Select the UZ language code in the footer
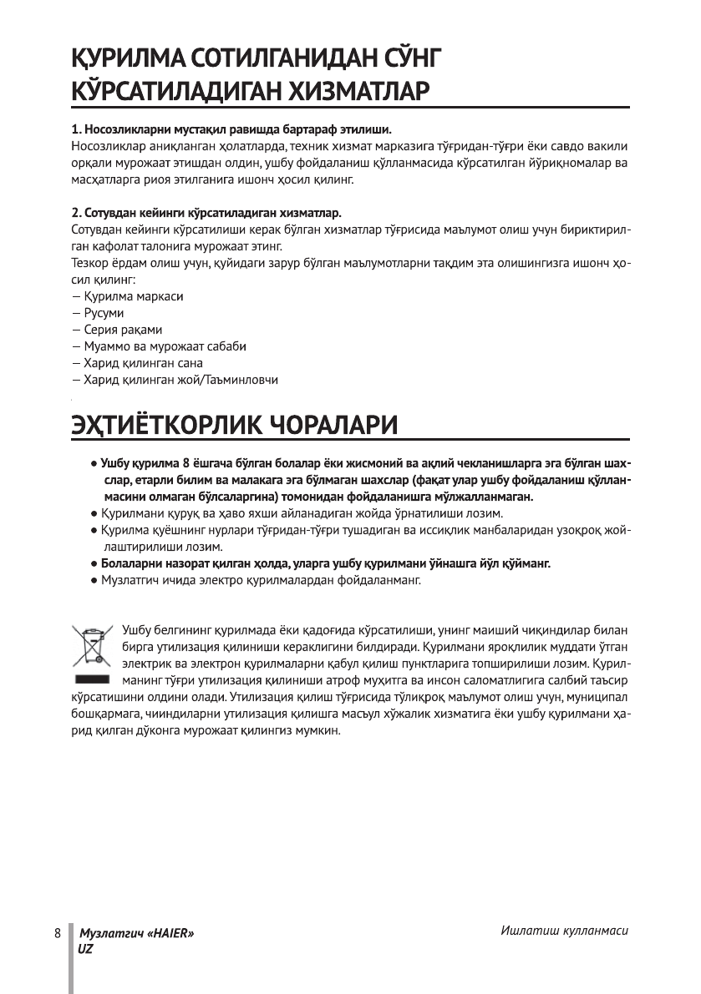point(85,949)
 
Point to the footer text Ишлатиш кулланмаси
point(564,930)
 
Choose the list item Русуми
point(104,313)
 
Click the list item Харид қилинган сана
point(143,363)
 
